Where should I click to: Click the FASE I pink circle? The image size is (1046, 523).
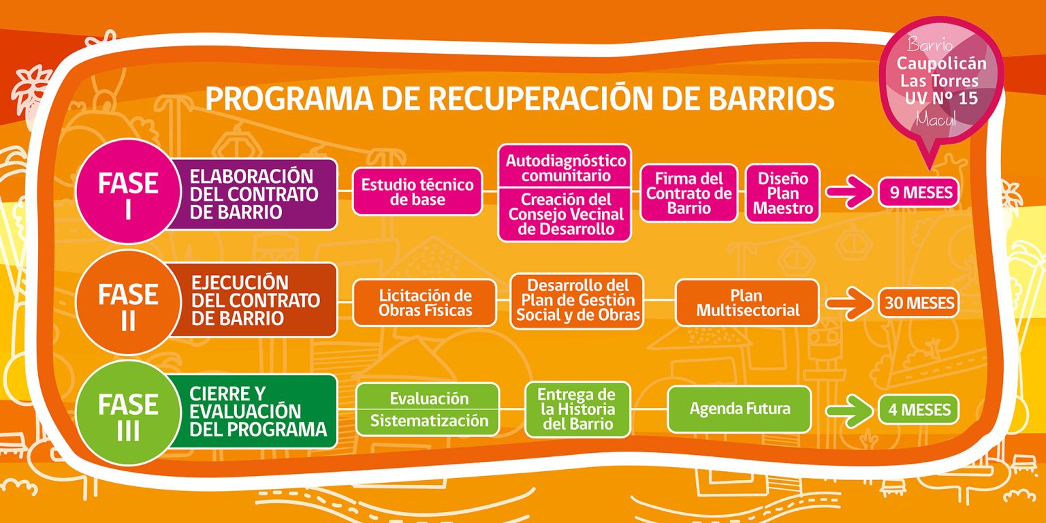tap(128, 191)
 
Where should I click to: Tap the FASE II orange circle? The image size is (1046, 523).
tap(128, 302)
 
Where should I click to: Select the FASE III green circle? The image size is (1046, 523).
tap(128, 413)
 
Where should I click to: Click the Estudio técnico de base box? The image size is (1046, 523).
tap(417, 192)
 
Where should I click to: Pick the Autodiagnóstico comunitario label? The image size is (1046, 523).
tap(565, 168)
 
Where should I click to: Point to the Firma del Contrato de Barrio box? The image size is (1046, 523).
tap(688, 193)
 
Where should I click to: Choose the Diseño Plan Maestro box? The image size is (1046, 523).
tap(783, 193)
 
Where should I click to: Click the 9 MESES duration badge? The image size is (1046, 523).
tap(919, 192)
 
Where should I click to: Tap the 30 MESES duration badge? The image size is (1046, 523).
tap(919, 302)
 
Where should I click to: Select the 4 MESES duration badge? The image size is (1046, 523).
tap(919, 409)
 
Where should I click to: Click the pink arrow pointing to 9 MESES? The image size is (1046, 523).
tap(849, 192)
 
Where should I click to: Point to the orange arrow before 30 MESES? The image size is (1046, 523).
tap(849, 303)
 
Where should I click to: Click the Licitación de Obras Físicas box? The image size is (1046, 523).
tap(424, 302)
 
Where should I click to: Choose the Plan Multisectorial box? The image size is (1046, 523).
tap(747, 302)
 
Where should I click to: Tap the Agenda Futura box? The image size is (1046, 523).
tap(740, 409)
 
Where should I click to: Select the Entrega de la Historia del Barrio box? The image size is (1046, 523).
tap(577, 409)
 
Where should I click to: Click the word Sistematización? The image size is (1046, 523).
tap(429, 421)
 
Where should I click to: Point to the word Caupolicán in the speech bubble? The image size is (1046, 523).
tap(941, 63)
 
